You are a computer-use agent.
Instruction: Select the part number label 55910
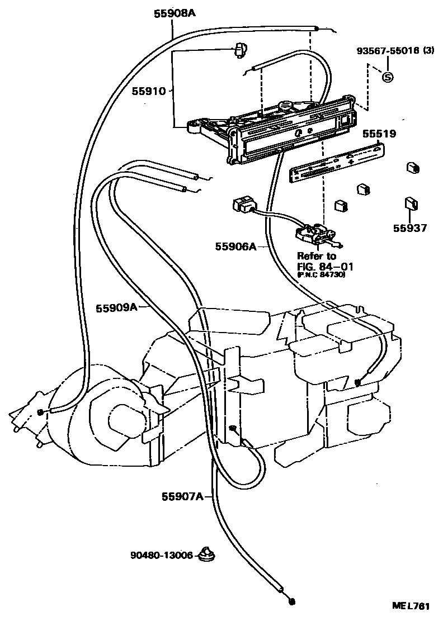(x=149, y=91)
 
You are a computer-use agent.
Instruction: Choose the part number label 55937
(x=409, y=228)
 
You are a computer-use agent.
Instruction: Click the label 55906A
(x=235, y=246)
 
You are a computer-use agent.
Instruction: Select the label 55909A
(x=116, y=307)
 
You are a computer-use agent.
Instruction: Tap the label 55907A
(x=182, y=496)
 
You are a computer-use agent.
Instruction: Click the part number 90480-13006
(x=162, y=556)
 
